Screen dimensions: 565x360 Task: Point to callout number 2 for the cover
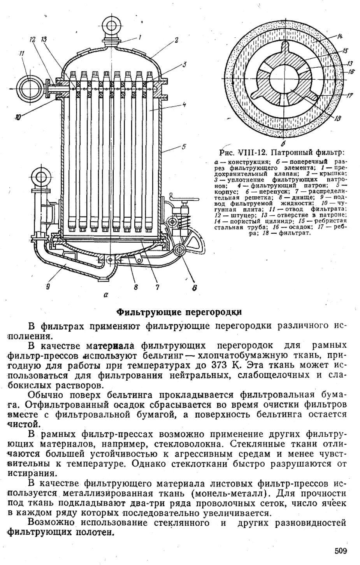point(176,40)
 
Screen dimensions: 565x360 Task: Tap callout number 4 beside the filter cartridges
point(184,104)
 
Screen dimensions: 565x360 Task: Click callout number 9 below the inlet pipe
point(47,288)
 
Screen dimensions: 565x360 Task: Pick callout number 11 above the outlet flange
point(22,54)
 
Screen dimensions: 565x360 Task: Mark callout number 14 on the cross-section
point(339,37)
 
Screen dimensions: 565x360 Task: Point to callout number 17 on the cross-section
point(349,95)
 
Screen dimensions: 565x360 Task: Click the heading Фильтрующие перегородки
point(179,312)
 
